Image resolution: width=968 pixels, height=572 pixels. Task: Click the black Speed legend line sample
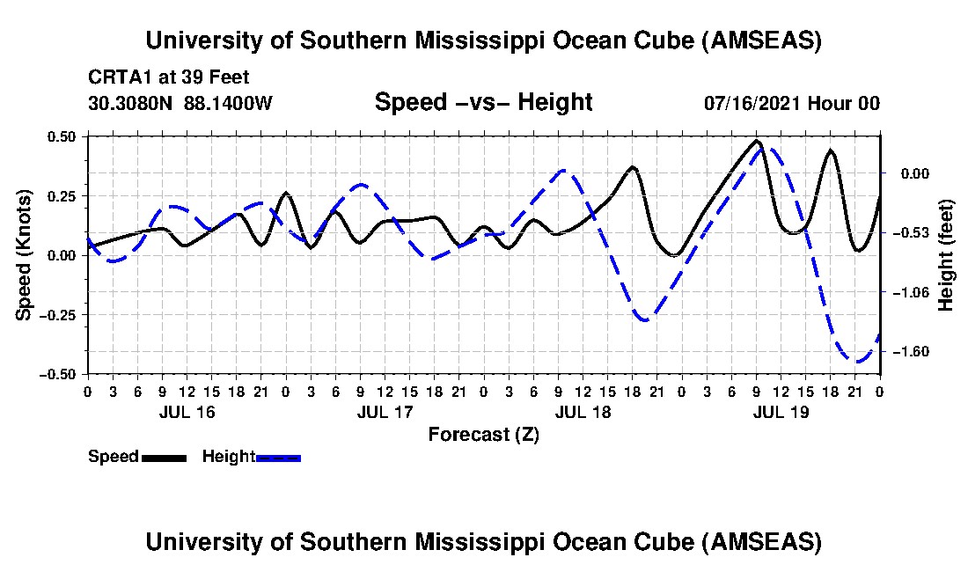pyautogui.click(x=163, y=458)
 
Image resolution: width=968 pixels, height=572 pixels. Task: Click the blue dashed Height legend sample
pyautogui.click(x=278, y=458)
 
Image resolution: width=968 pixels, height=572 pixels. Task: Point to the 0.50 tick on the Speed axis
pyautogui.click(x=62, y=136)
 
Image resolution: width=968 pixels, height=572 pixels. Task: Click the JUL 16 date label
pyautogui.click(x=187, y=412)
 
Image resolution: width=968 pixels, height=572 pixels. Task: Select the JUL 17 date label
pyautogui.click(x=385, y=412)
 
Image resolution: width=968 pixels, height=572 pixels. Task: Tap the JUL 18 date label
pyautogui.click(x=584, y=412)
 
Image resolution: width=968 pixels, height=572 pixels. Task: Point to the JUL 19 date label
pyautogui.click(x=782, y=412)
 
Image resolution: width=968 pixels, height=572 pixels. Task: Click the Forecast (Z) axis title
pyautogui.click(x=483, y=434)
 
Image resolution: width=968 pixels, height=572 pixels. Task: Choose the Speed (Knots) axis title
pyautogui.click(x=25, y=254)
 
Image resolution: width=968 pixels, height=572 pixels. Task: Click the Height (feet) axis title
pyautogui.click(x=946, y=254)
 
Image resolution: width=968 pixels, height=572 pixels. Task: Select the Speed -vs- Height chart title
pyautogui.click(x=483, y=102)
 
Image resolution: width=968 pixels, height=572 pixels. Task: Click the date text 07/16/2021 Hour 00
pyautogui.click(x=791, y=103)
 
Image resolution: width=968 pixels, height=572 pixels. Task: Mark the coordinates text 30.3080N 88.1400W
pyautogui.click(x=180, y=103)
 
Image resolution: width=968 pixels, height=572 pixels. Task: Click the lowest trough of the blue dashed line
pyautogui.click(x=856, y=361)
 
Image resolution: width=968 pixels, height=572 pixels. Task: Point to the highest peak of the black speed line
pyautogui.click(x=757, y=141)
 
